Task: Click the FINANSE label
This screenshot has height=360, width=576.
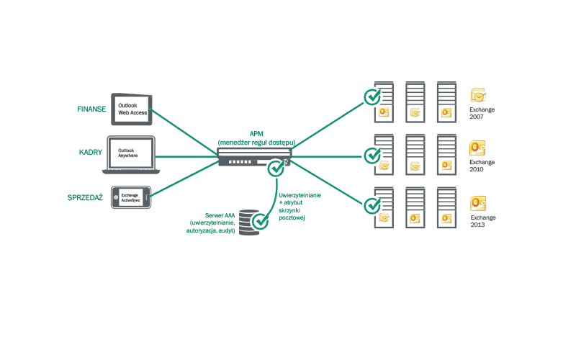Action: (92, 109)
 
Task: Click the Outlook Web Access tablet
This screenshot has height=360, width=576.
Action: (133, 107)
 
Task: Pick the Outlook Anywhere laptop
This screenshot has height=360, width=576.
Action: (131, 154)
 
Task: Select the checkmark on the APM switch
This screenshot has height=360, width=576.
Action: (275, 168)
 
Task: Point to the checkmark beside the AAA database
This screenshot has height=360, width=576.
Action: (260, 221)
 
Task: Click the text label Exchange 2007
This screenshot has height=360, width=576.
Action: (482, 114)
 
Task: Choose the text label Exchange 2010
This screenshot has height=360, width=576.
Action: (482, 166)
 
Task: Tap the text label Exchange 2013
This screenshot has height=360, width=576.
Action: (482, 221)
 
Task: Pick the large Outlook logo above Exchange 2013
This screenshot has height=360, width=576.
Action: (479, 204)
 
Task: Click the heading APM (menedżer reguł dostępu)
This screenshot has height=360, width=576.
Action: (256, 138)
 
